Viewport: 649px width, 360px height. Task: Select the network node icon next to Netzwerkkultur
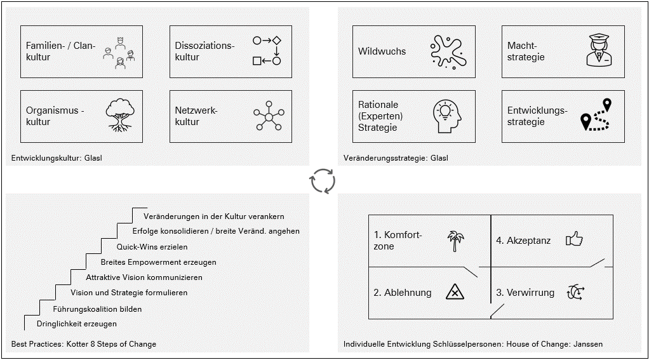pyautogui.click(x=269, y=116)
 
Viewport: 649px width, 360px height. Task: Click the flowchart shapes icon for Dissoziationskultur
pyautogui.click(x=267, y=51)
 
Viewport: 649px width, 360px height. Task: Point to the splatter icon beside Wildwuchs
pyautogui.click(x=449, y=51)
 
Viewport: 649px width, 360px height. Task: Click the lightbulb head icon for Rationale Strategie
pyautogui.click(x=448, y=116)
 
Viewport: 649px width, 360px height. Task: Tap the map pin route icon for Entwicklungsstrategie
pyautogui.click(x=597, y=116)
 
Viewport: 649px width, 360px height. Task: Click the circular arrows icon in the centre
pyautogui.click(x=322, y=180)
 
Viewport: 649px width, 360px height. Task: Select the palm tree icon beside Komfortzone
pyautogui.click(x=454, y=241)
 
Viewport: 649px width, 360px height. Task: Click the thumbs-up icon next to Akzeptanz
pyautogui.click(x=574, y=239)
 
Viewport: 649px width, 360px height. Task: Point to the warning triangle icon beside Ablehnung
pyautogui.click(x=455, y=292)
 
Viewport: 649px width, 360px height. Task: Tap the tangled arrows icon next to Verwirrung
pyautogui.click(x=575, y=292)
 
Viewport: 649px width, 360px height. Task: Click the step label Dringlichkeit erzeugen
pyautogui.click(x=77, y=324)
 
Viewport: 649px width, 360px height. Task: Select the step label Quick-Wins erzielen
pyautogui.click(x=152, y=246)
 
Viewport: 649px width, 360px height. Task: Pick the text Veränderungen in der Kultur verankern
pyautogui.click(x=213, y=216)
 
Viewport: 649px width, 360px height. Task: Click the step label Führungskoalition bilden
pyautogui.click(x=97, y=309)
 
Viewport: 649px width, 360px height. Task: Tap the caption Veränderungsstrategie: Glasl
pyautogui.click(x=396, y=158)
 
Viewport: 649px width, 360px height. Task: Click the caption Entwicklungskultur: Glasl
pyautogui.click(x=57, y=158)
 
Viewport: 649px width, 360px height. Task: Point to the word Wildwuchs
pyautogui.click(x=382, y=51)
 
